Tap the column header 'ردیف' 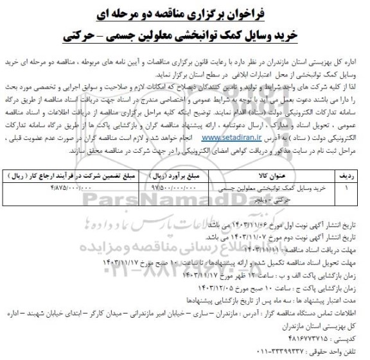coord(347,174)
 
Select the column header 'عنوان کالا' coord(278,174)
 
